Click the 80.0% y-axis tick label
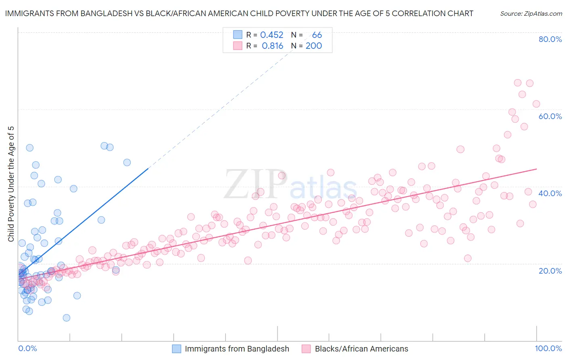[550, 39]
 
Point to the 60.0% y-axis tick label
[550, 116]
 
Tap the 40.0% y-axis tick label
[550, 193]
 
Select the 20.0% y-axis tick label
[550, 270]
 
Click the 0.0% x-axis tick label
[27, 348]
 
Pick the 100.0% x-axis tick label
[548, 348]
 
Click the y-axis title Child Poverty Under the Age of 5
[11, 184]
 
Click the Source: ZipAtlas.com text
[531, 13]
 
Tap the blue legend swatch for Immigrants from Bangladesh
[177, 349]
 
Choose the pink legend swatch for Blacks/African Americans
[306, 349]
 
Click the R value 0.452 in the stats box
[271, 35]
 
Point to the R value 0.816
[272, 46]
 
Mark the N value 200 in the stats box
[313, 46]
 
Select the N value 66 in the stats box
[317, 35]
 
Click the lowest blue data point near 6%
[67, 318]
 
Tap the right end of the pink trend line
[536, 169]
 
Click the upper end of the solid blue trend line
[148, 168]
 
